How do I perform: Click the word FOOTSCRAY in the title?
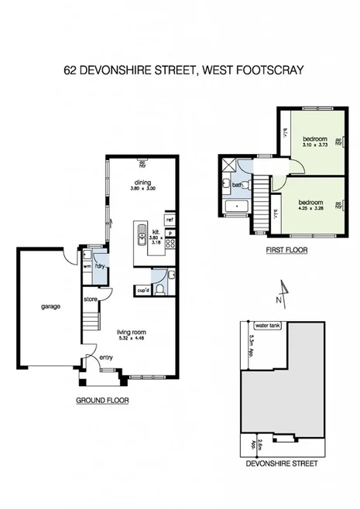266,70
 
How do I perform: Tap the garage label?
51,306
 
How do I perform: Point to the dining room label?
142,183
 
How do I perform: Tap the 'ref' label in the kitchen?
170,220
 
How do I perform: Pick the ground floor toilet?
159,289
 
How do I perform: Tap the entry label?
105,357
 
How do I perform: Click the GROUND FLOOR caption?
101,401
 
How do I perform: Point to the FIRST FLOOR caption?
286,250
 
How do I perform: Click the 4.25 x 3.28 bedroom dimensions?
313,207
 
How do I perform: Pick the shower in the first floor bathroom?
228,165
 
